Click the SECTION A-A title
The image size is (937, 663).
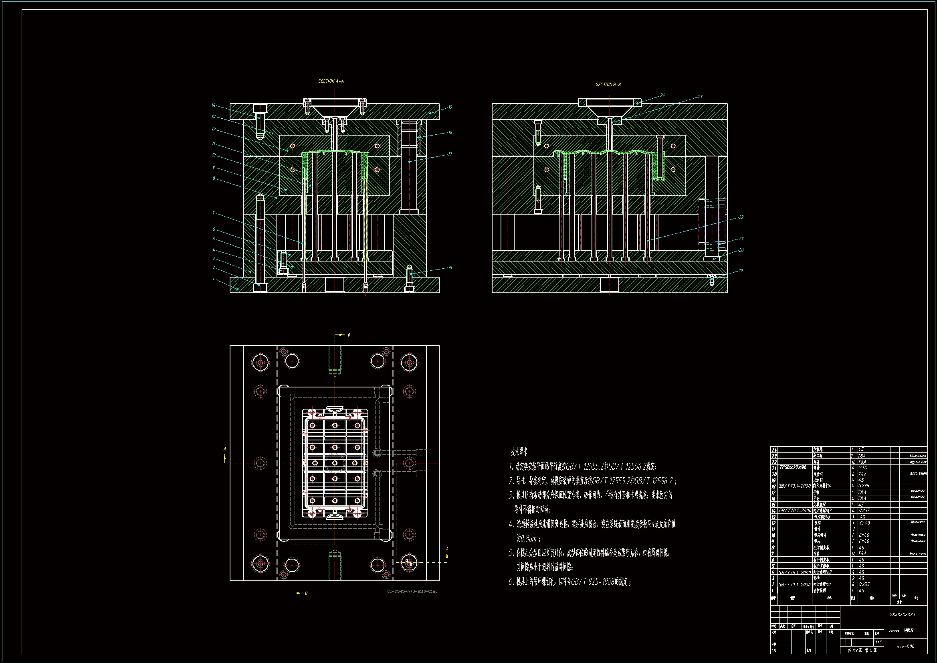coord(331,81)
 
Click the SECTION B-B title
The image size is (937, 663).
coord(608,85)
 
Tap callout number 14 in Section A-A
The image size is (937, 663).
coord(213,105)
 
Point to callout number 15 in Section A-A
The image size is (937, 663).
coord(450,107)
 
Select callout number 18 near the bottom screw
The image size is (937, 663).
coord(450,268)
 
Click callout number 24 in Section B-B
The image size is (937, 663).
coord(662,95)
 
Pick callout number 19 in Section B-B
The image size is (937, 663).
coord(741,271)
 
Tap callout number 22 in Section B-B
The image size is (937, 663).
coord(741,217)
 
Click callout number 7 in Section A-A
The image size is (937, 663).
coord(214,213)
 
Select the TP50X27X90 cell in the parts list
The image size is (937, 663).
coord(793,468)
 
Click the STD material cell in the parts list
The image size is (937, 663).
coord(863,468)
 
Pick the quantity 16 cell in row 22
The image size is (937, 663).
coord(853,462)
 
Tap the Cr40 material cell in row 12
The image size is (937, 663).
coord(864,523)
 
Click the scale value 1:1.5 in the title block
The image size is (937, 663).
coord(878,642)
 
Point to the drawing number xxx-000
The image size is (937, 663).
coord(905,647)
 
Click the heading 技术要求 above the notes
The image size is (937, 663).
coord(519,452)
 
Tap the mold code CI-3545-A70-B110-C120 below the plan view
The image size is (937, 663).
coord(412,592)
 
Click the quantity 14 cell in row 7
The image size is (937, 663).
coord(853,554)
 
